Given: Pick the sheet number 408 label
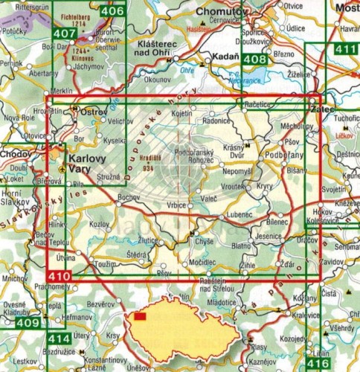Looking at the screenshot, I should (x=255, y=60).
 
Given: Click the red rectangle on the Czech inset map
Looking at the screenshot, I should (x=140, y=315).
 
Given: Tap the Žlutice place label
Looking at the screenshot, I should (x=149, y=241).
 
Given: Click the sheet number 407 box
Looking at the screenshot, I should (x=65, y=33).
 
